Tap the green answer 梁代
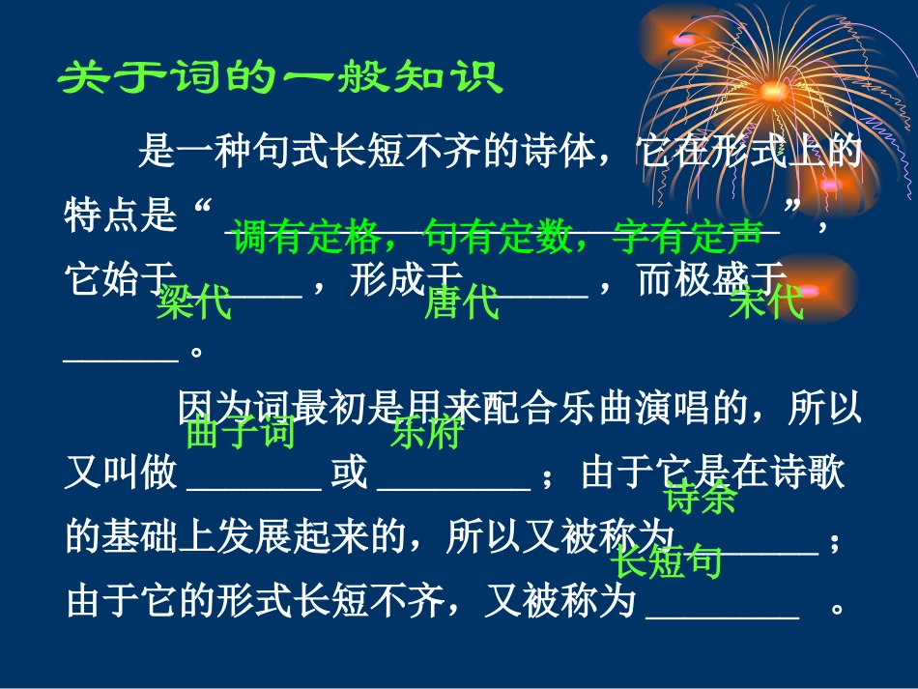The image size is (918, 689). [x=194, y=303]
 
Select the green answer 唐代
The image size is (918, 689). [x=462, y=303]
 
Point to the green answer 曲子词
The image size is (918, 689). [x=240, y=432]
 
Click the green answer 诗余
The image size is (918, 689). [x=701, y=496]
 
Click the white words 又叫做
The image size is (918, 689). [x=121, y=474]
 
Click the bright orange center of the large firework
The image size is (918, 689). [x=773, y=91]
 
